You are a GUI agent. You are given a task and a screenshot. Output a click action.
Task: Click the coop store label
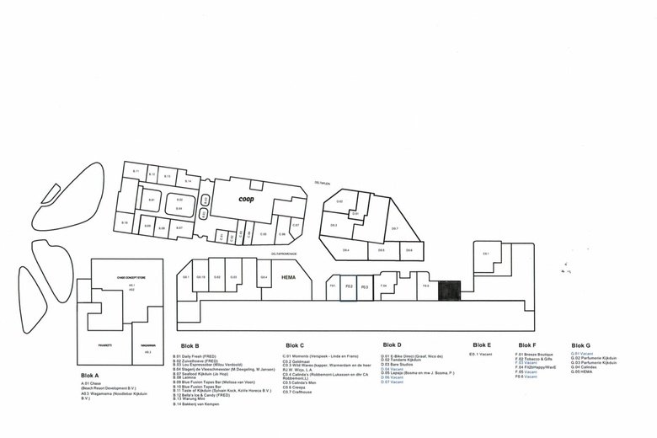point(246,200)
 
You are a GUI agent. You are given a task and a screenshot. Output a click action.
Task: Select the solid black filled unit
point(450,290)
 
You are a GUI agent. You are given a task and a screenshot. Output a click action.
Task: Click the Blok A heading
point(90,375)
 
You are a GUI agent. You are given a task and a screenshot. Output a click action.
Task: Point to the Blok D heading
point(392,345)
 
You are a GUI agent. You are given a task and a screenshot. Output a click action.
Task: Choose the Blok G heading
point(580,345)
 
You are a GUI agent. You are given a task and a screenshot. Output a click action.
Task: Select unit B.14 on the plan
point(188,182)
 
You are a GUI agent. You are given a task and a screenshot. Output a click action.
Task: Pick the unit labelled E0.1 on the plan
point(486,254)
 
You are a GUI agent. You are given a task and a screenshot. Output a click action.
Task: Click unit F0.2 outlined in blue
point(349,287)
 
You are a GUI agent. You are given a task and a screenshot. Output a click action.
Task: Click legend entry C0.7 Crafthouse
point(296,392)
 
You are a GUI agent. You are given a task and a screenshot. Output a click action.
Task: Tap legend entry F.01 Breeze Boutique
point(534,355)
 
